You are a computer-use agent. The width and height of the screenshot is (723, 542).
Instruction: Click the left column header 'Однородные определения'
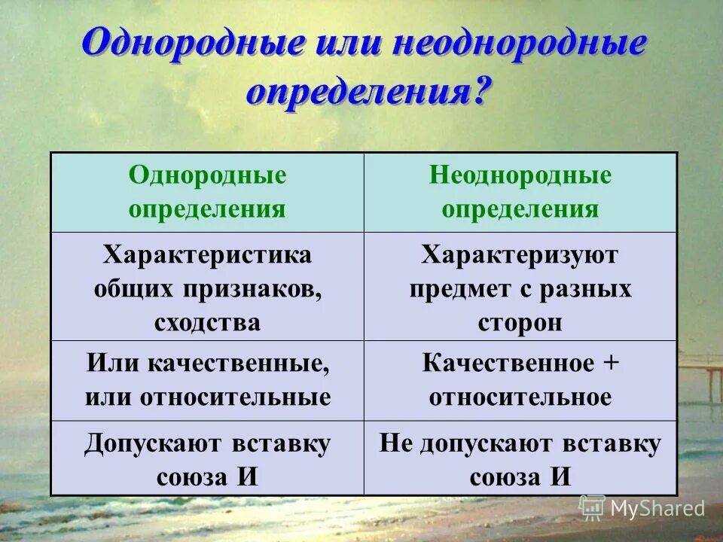pos(207,192)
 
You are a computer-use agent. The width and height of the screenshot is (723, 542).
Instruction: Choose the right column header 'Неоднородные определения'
pos(520,192)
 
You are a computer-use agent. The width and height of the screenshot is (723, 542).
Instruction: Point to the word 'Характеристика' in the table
pos(207,254)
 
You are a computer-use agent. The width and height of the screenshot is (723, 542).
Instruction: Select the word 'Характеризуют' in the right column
pos(520,254)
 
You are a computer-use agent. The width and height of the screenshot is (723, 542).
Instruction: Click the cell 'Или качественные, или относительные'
pos(207,380)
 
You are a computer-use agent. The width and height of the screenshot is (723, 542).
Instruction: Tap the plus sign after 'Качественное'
pos(611,363)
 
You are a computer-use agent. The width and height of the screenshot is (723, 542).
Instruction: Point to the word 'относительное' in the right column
pos(520,397)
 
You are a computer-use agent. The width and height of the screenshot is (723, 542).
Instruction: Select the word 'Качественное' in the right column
pos(508,363)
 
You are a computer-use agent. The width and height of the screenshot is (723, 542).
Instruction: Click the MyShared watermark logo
pos(642,508)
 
